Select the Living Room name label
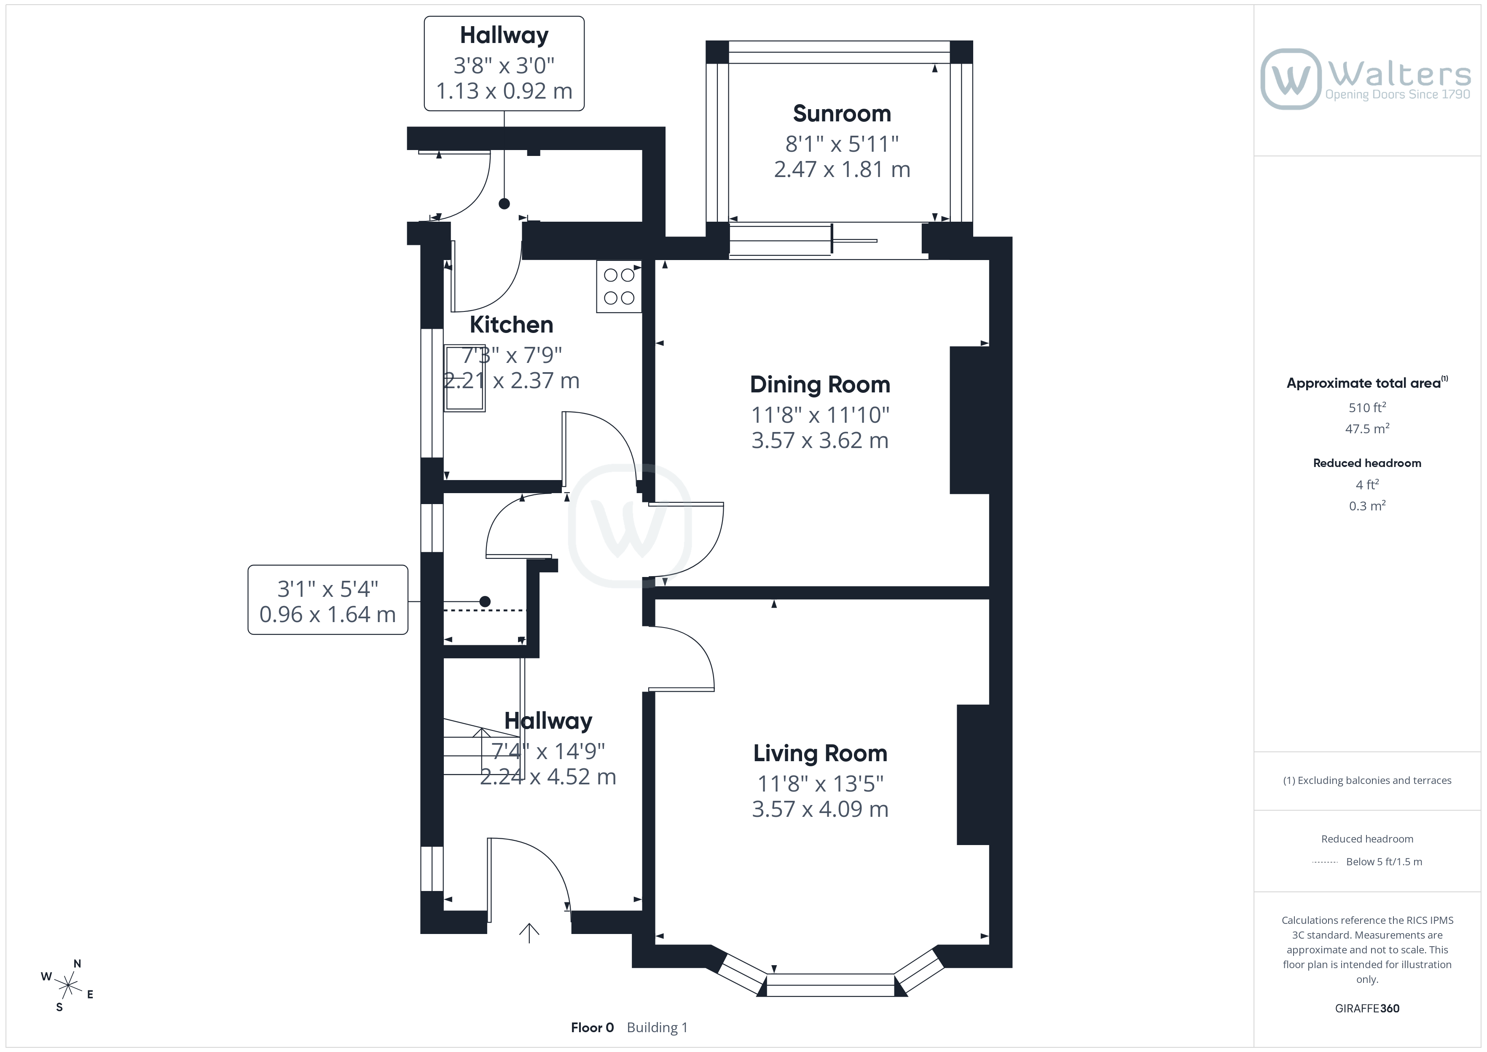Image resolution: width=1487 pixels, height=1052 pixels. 820,753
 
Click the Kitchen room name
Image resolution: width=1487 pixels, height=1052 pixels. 511,325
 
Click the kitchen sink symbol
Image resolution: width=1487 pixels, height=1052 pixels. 464,378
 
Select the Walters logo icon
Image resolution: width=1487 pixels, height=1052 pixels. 1290,79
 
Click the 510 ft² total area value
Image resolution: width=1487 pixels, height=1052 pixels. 1367,408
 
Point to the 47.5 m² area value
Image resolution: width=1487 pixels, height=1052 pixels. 1367,429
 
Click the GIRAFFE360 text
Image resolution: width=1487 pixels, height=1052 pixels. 1367,1009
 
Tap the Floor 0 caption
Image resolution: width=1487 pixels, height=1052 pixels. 592,1028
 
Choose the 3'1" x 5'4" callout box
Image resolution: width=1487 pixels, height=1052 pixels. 328,600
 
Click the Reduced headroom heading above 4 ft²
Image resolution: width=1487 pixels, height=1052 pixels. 1367,463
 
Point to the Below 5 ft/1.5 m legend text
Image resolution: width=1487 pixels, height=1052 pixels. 1384,861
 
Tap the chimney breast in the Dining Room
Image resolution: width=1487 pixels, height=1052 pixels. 969,420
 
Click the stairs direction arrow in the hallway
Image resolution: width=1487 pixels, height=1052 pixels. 481,751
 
